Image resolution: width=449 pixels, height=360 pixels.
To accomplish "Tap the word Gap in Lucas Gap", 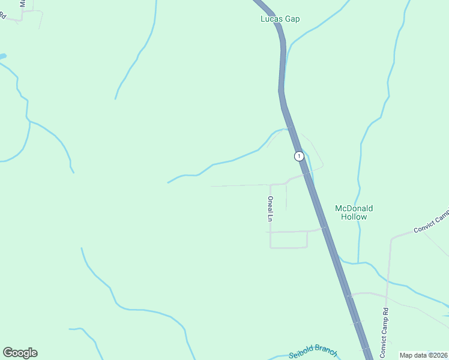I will point(292,19).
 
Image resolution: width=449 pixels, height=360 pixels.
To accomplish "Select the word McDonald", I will point(354,208).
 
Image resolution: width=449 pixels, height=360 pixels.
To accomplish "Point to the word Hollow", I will point(354,217).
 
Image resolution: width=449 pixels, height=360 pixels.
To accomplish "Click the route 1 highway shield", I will point(299,156).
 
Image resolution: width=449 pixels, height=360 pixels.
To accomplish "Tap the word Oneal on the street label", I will point(271,205).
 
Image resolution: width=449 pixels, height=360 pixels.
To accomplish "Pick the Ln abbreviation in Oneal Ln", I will point(271,218).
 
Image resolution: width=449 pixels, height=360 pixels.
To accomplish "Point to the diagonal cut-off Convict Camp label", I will point(431,221).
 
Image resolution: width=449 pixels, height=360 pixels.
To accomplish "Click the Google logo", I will point(20,353).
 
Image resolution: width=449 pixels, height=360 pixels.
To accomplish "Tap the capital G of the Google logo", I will point(8,353).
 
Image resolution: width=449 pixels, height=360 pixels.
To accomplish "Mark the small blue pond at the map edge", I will point(2,56).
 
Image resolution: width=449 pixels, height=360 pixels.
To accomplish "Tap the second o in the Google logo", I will point(22,353).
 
